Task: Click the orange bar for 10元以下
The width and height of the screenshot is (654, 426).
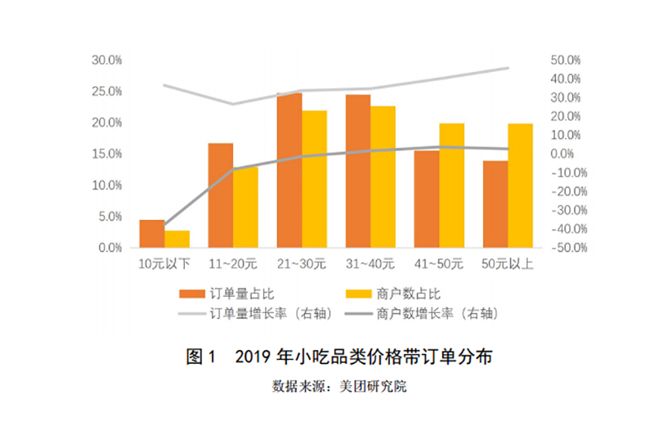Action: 151,234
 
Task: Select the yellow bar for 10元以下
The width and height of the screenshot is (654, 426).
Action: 177,240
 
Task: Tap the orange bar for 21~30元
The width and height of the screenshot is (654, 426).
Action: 289,171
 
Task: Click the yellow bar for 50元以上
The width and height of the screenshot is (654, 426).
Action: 520,186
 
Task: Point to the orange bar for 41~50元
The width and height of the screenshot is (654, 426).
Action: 426,200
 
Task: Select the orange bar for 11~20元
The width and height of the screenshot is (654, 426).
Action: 221,195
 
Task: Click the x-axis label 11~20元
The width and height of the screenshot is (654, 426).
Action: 233,264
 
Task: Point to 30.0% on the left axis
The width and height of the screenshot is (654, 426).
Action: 106,61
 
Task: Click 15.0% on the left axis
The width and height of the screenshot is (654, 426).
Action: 106,155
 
